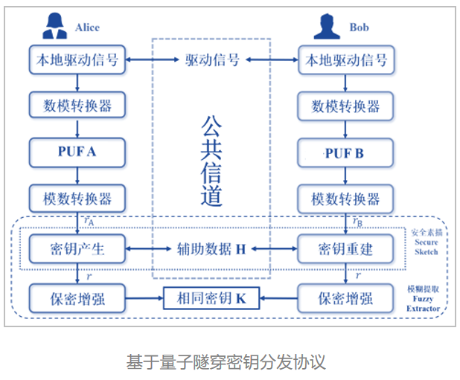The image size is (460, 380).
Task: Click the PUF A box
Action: tap(77, 152)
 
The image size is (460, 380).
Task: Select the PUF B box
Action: tap(345, 154)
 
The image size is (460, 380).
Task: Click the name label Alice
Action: tap(87, 28)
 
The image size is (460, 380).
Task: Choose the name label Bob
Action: tap(359, 28)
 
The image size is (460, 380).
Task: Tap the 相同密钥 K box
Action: tap(210, 299)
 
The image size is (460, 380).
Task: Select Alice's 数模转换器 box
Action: tap(77, 106)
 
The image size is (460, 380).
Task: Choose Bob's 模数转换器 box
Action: tap(345, 199)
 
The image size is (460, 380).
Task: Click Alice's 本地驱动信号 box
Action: tap(77, 60)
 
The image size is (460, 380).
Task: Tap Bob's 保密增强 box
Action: tap(345, 299)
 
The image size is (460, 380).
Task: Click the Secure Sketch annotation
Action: tap(427, 241)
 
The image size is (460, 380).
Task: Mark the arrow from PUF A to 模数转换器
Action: tap(77, 175)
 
